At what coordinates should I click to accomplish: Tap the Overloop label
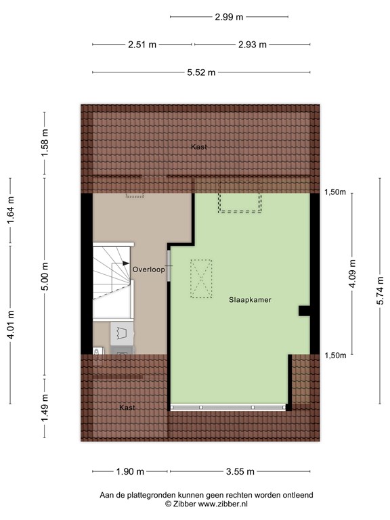[x=149, y=269]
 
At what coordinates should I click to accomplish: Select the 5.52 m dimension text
[x=202, y=72]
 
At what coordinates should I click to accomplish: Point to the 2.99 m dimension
[x=230, y=18]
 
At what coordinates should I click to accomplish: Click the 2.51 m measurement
[x=142, y=45]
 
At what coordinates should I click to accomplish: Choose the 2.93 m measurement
[x=253, y=45]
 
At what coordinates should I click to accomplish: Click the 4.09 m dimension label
[x=353, y=275]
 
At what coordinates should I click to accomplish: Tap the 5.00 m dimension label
[x=45, y=276]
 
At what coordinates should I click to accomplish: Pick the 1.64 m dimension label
[x=11, y=209]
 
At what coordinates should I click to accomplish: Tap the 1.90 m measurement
[x=130, y=472]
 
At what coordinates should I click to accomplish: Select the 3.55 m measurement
[x=240, y=472]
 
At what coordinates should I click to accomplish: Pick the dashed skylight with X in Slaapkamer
[x=201, y=279]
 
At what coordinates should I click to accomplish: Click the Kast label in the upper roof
[x=198, y=147]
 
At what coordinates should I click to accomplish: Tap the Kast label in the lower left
[x=127, y=408]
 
